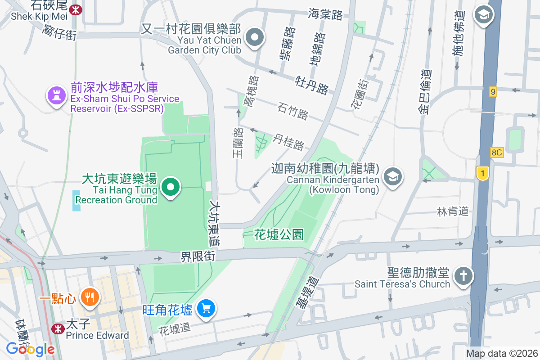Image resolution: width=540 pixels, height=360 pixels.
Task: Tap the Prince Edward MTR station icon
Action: pos(58,329)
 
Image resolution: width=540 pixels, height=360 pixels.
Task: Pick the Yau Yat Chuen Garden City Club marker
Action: pos(255,37)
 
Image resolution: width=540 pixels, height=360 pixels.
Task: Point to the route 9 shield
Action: pos(493,92)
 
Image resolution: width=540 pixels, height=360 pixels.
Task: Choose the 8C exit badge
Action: pos(496,153)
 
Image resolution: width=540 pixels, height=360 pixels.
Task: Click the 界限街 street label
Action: pos(198,256)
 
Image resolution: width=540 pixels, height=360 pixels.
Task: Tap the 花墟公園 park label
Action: pos(279,234)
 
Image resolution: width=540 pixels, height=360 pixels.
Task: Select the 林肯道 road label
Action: pos(453,211)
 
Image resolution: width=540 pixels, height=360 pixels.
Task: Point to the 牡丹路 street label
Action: pos(312,83)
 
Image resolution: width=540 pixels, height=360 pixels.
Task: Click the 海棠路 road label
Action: pos(325,14)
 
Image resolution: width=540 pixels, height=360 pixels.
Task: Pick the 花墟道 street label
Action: pos(175,328)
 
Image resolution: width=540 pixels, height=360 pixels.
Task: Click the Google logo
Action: pos(30,349)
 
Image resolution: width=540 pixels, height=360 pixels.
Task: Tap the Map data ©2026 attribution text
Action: pos(502,354)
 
